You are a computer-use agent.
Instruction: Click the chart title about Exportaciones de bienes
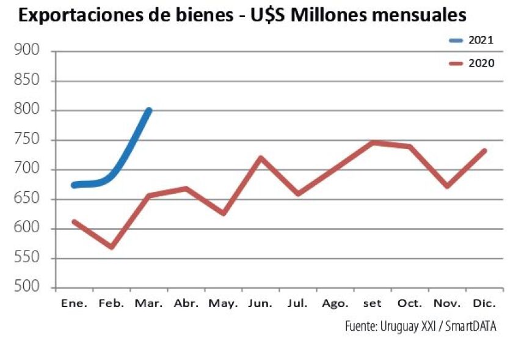(242, 15)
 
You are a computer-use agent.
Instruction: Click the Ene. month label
(74, 304)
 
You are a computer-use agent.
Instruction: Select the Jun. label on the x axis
(261, 304)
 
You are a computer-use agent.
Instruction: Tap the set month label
(372, 304)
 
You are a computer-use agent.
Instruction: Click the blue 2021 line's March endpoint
(148, 111)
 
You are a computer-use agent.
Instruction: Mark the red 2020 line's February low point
(112, 247)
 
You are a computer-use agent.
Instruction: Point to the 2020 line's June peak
(261, 158)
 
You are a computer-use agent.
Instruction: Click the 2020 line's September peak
(372, 142)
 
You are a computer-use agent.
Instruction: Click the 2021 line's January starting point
(75, 185)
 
